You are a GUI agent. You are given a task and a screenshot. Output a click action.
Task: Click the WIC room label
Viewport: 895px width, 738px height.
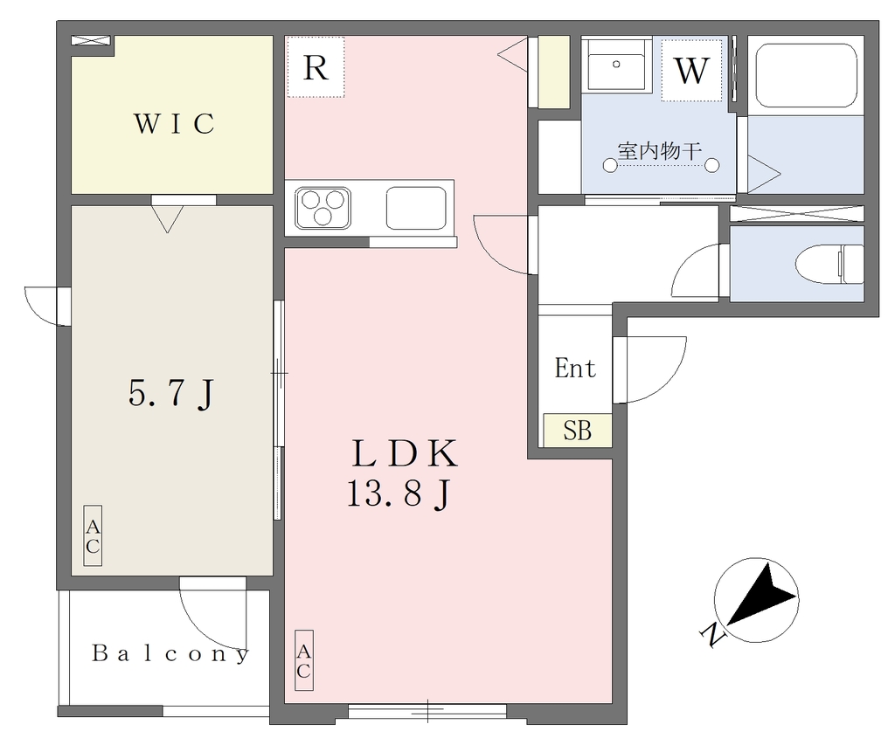[x=174, y=124]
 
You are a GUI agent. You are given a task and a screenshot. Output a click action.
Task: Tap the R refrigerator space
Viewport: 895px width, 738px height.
[x=316, y=66]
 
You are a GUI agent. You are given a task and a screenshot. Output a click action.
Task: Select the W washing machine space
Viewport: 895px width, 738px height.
[x=692, y=70]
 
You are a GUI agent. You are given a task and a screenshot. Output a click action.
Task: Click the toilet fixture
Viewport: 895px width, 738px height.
[x=829, y=264]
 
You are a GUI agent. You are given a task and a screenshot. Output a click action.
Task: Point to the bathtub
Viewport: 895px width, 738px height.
[x=806, y=77]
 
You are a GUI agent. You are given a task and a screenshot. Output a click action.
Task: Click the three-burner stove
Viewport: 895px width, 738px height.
[x=323, y=208]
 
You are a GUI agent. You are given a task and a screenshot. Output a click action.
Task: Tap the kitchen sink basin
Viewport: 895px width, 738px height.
[x=416, y=208]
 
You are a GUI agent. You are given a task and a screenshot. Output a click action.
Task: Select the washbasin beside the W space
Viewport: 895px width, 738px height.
[x=616, y=64]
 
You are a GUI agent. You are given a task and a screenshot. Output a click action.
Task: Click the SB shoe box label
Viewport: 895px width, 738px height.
[x=577, y=430]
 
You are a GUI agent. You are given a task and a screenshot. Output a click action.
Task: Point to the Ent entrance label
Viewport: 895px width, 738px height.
[x=575, y=368]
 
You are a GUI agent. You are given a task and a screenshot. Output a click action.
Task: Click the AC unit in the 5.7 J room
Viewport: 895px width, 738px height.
[x=93, y=535]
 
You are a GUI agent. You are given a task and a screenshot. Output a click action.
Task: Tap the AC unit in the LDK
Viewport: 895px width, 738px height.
[x=303, y=660]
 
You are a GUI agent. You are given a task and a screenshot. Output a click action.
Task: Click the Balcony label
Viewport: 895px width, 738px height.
[x=170, y=653]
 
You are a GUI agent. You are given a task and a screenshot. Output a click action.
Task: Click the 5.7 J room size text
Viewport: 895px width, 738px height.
[x=171, y=394]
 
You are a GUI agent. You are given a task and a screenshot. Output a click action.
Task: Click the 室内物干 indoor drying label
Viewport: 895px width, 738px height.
[x=659, y=151]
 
